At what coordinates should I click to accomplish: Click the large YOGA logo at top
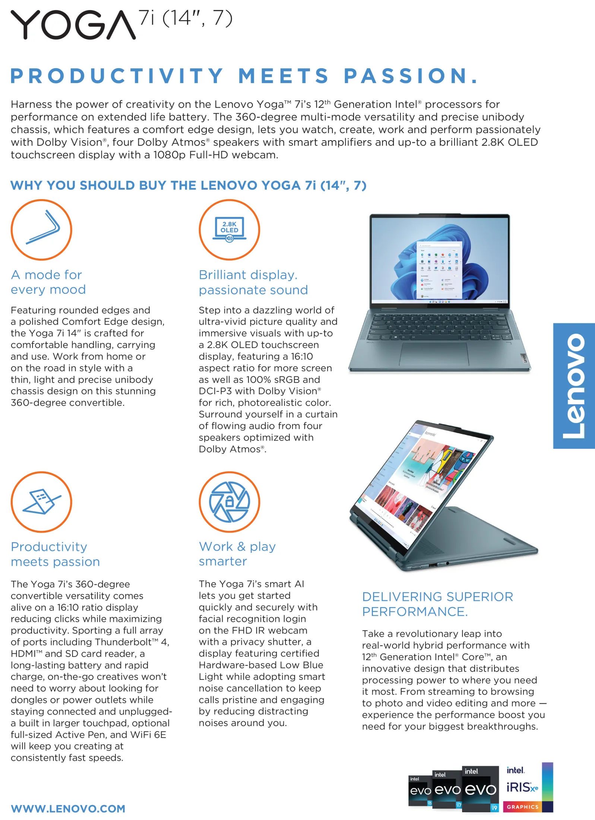[x=73, y=25]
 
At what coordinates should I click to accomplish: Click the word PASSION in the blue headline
[x=410, y=76]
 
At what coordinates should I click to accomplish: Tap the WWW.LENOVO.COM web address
[x=68, y=808]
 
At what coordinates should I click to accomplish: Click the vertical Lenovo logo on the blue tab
[x=574, y=386]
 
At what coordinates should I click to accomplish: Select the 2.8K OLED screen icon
[x=229, y=230]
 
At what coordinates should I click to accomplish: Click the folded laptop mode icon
[x=41, y=230]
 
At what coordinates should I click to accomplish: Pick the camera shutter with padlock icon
[x=229, y=502]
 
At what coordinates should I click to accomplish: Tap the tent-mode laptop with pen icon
[x=41, y=502]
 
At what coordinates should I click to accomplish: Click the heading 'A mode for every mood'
[x=48, y=282]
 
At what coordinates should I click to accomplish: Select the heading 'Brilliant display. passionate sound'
[x=253, y=282]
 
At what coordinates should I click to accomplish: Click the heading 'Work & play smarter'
[x=237, y=554]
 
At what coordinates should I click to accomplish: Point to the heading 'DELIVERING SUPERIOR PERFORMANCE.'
[x=437, y=604]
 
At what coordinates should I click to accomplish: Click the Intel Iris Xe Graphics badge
[x=527, y=787]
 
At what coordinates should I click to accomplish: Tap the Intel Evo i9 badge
[x=481, y=789]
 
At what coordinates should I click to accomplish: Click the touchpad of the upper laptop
[x=434, y=353]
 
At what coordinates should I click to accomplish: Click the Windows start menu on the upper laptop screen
[x=439, y=270]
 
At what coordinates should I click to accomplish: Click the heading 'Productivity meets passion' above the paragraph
[x=55, y=554]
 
